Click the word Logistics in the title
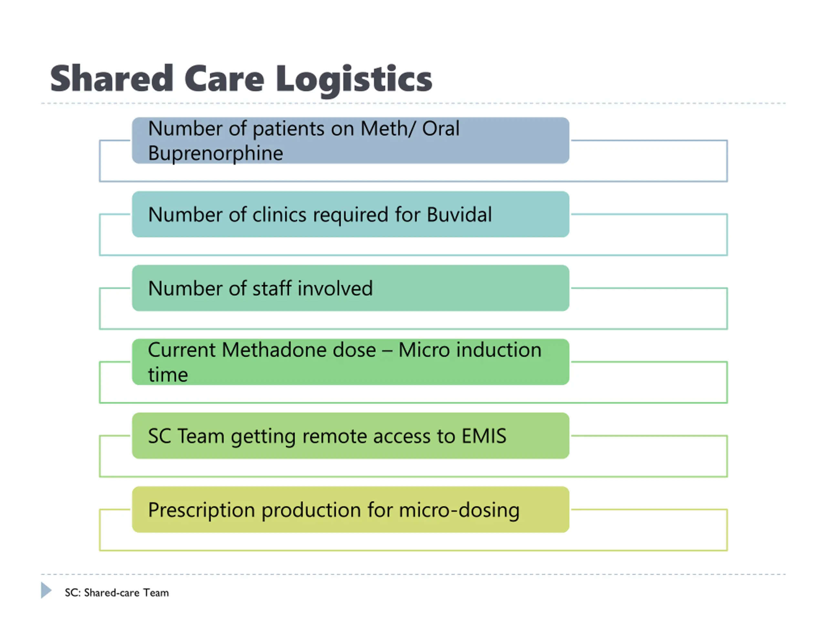(x=354, y=79)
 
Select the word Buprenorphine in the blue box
(x=215, y=154)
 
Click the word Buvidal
(x=459, y=215)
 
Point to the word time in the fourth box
(x=168, y=375)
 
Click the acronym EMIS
(x=484, y=436)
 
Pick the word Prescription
(x=201, y=510)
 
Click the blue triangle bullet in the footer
(x=46, y=590)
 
